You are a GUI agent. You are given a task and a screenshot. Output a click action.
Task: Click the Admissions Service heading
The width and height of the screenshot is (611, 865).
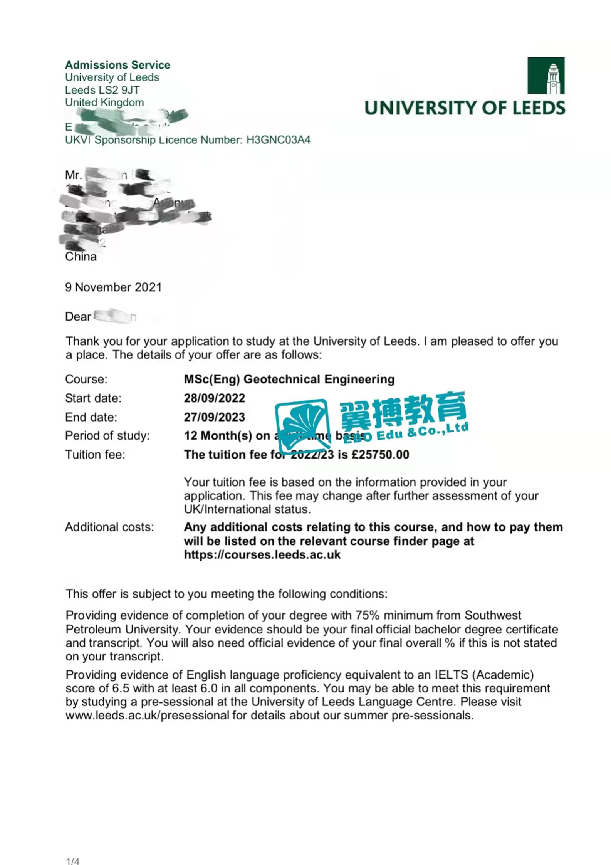[117, 65]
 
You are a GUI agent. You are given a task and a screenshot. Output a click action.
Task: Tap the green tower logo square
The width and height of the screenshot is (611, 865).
[546, 76]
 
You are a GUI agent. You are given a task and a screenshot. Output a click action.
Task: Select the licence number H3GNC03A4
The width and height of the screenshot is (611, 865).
[278, 140]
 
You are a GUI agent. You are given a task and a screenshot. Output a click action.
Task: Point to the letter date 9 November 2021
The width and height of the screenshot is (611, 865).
[113, 287]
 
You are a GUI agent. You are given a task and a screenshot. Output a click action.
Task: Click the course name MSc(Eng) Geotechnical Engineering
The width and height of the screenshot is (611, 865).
[289, 379]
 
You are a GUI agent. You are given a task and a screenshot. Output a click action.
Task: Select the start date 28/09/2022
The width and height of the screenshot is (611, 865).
[214, 398]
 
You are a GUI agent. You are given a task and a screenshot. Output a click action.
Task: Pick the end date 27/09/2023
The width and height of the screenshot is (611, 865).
[214, 417]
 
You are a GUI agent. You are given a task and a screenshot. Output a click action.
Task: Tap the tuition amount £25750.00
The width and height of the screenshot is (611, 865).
[380, 455]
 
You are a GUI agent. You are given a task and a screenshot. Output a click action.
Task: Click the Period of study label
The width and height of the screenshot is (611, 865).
[107, 436]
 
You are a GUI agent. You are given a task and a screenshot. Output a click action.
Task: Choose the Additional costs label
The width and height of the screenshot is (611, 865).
[109, 527]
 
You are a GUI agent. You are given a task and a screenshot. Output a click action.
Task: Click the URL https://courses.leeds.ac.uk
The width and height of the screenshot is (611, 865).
[262, 554]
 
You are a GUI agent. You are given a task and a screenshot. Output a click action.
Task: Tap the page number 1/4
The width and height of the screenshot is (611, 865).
[72, 861]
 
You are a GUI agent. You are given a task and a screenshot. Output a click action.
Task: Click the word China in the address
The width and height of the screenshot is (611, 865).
[81, 257]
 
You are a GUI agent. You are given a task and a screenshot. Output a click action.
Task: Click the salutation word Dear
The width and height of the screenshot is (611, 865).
[78, 317]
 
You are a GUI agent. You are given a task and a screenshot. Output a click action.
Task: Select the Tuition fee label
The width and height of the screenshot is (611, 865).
[95, 455]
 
